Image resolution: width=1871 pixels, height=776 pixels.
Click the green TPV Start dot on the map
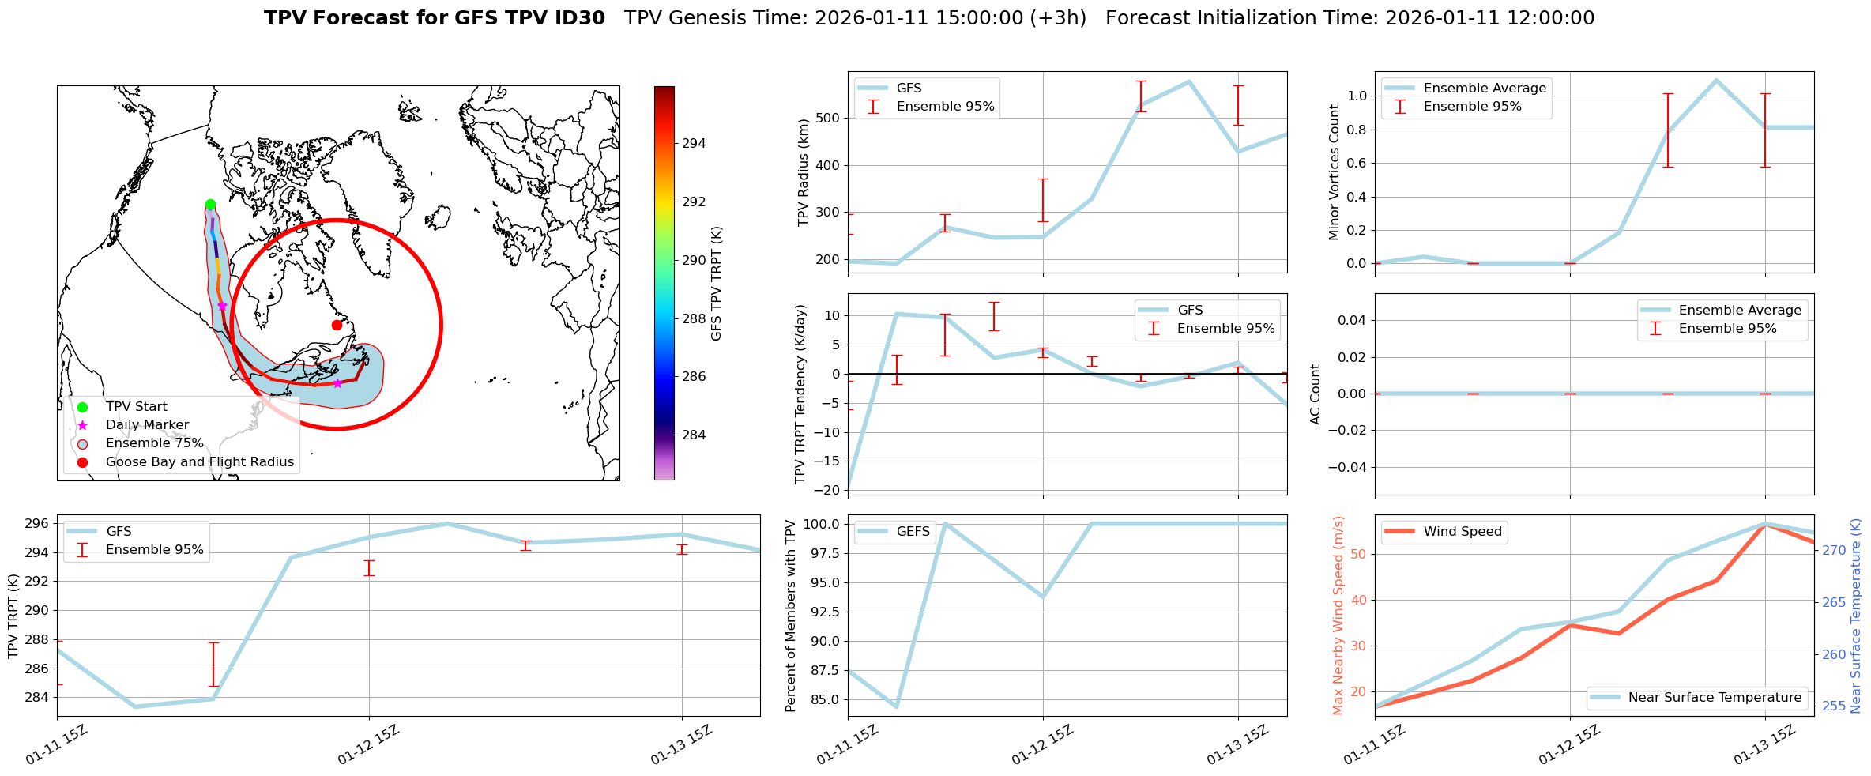point(210,205)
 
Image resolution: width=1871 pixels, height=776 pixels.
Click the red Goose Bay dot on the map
point(337,325)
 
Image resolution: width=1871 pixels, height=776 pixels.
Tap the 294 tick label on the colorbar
point(694,144)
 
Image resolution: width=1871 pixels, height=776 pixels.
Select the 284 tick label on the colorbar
point(694,435)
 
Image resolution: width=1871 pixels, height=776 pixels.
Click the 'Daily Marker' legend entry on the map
point(147,425)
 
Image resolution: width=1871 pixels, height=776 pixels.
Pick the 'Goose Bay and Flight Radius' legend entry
point(199,462)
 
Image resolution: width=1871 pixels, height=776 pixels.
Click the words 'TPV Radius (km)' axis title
point(804,172)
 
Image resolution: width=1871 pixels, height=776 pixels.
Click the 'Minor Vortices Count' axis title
point(1335,172)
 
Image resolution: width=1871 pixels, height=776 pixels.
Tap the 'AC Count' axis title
point(1316,394)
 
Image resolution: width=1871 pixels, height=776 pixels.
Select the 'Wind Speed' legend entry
point(1462,532)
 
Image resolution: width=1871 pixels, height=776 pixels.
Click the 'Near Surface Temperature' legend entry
point(1715,698)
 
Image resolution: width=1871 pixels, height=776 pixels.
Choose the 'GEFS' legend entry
point(913,532)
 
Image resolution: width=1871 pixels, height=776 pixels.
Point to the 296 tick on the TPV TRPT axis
point(39,524)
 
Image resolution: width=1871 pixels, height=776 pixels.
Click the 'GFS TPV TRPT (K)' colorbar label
point(717,284)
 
